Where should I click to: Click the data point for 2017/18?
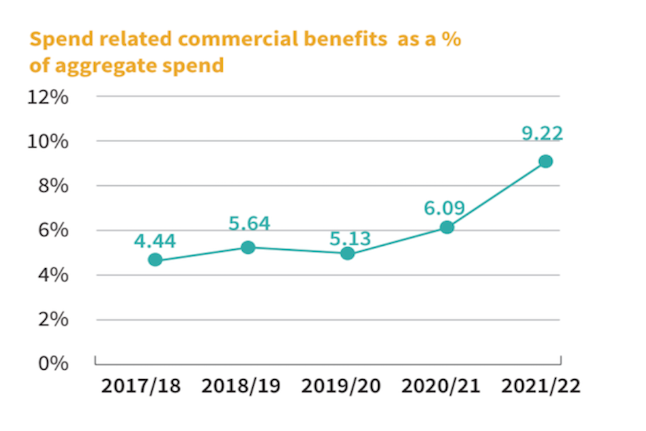(155, 260)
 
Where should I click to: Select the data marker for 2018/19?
(248, 247)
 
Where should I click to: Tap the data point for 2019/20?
(347, 253)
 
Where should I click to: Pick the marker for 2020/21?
(447, 227)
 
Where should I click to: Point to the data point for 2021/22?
(546, 161)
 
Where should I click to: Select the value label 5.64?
(249, 223)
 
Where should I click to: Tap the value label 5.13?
(350, 238)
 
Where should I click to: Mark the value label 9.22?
(542, 133)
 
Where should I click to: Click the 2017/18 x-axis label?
(141, 387)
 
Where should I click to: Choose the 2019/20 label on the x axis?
(340, 387)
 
